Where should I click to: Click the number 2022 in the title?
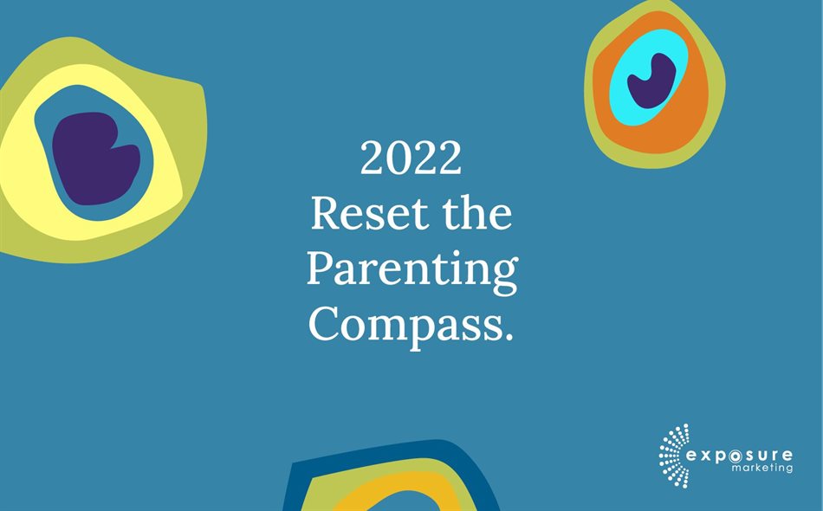(411, 159)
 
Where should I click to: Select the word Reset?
(362, 214)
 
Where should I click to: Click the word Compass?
(403, 324)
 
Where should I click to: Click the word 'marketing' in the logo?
(761, 469)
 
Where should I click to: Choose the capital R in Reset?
(325, 214)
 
